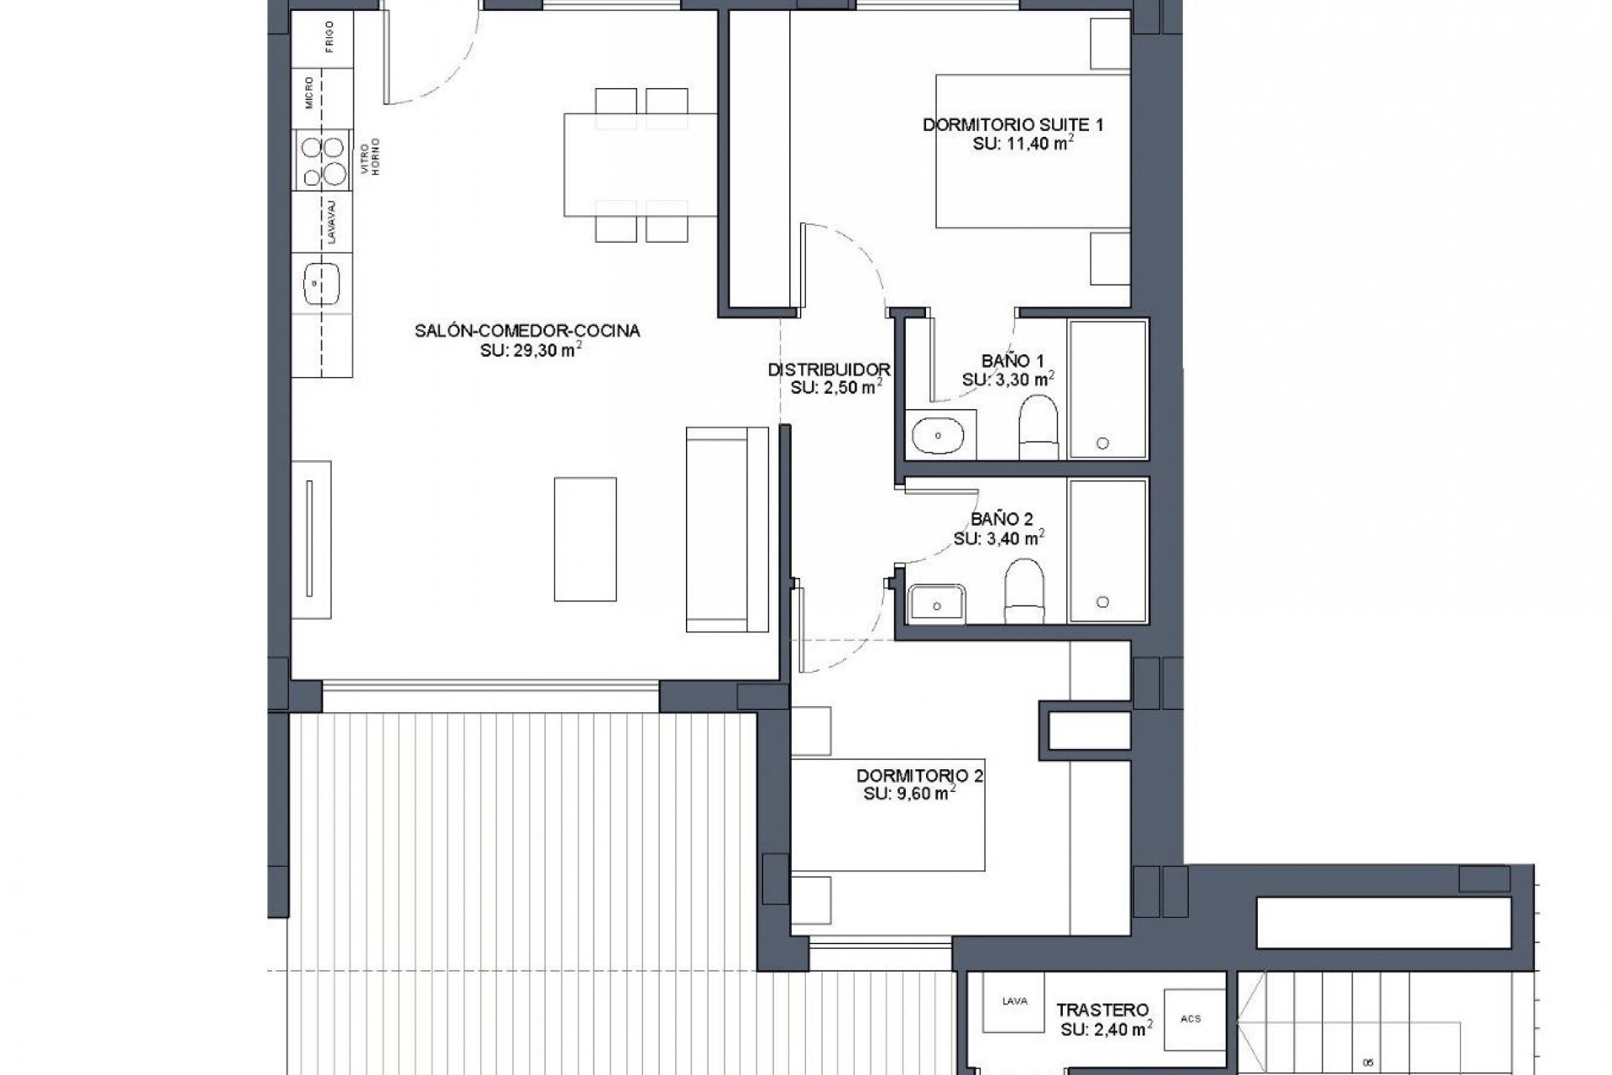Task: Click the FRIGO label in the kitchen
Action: tap(329, 38)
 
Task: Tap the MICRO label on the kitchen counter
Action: tap(310, 93)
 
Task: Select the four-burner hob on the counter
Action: tap(323, 160)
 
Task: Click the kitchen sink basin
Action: tap(322, 284)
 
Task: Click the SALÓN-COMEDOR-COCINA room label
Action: tap(527, 331)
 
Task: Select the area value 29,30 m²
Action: tap(531, 350)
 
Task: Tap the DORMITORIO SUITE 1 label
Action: tap(1013, 125)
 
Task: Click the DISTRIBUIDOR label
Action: tap(829, 370)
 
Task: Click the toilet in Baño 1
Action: tap(1038, 427)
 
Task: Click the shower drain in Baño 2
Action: tap(1102, 601)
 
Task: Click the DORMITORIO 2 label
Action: tap(919, 775)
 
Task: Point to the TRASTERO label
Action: tap(1102, 1010)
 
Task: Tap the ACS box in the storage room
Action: tap(1191, 1019)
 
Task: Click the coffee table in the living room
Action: tap(585, 539)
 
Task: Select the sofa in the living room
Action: tap(726, 529)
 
